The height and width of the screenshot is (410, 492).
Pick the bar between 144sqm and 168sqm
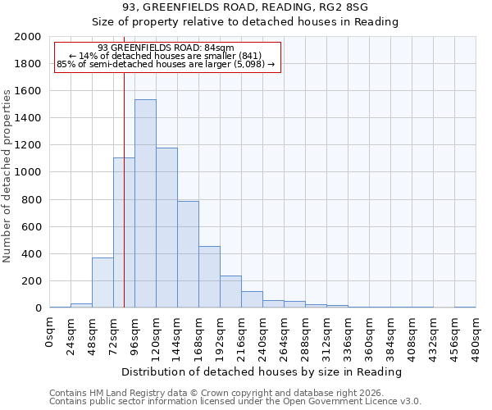(188, 254)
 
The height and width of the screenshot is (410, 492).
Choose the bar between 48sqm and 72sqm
(102, 283)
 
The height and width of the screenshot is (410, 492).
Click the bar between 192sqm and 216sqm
(230, 292)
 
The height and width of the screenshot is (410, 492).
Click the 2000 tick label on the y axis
(28, 37)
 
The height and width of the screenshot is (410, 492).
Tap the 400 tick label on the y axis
(31, 254)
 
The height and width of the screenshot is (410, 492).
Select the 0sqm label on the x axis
(50, 330)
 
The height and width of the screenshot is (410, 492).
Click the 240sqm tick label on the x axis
(263, 335)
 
